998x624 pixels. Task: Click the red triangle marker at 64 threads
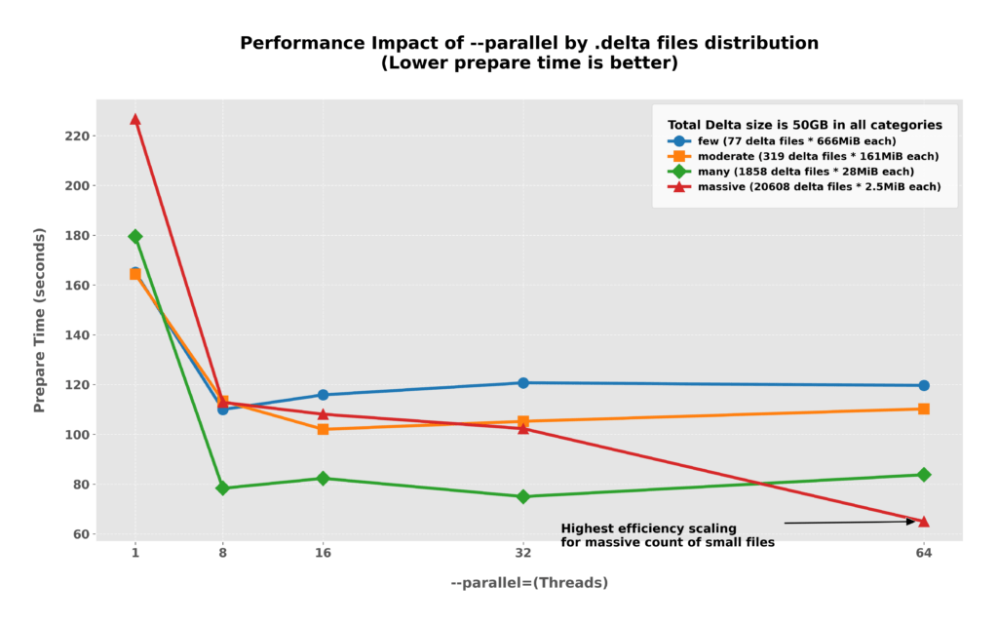[x=923, y=521]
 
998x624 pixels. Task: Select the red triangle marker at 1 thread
[x=135, y=119]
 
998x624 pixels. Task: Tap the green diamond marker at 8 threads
[x=222, y=487]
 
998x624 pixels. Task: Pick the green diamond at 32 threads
[x=523, y=496]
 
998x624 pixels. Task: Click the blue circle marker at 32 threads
[x=523, y=383]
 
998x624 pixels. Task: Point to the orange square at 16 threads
[x=323, y=429]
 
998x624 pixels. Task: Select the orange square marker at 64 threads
[x=923, y=409]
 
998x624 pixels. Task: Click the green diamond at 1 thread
[x=135, y=236]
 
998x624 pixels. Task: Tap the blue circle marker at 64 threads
[x=923, y=385]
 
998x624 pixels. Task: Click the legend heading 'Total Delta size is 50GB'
[x=804, y=125]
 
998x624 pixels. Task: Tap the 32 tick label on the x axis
[x=523, y=553]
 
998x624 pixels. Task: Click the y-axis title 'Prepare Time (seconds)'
[x=40, y=320]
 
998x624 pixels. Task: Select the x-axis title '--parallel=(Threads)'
[x=529, y=582]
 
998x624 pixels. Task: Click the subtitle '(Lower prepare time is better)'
[x=529, y=63]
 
